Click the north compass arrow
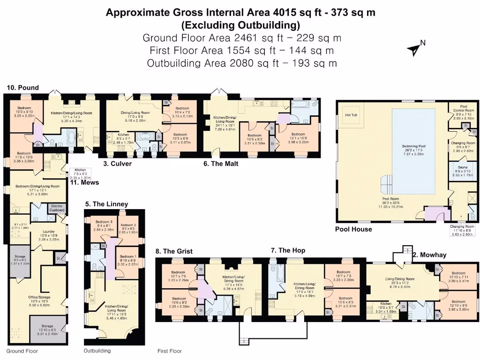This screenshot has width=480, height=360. coord(414,48)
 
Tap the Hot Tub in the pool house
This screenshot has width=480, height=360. coord(352,115)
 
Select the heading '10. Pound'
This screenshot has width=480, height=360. coord(22,88)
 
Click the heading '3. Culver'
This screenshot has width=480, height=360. coord(118,164)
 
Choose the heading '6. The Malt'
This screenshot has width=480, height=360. coord(218,164)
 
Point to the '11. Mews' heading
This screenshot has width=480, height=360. coord(84,182)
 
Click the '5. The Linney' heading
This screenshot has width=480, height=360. coord(106,204)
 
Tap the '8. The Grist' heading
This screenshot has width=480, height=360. coord(174,251)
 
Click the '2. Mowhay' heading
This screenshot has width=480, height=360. coord(429,255)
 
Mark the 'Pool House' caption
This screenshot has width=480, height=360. coord(353,229)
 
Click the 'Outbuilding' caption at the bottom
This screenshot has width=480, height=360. coord(97,351)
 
